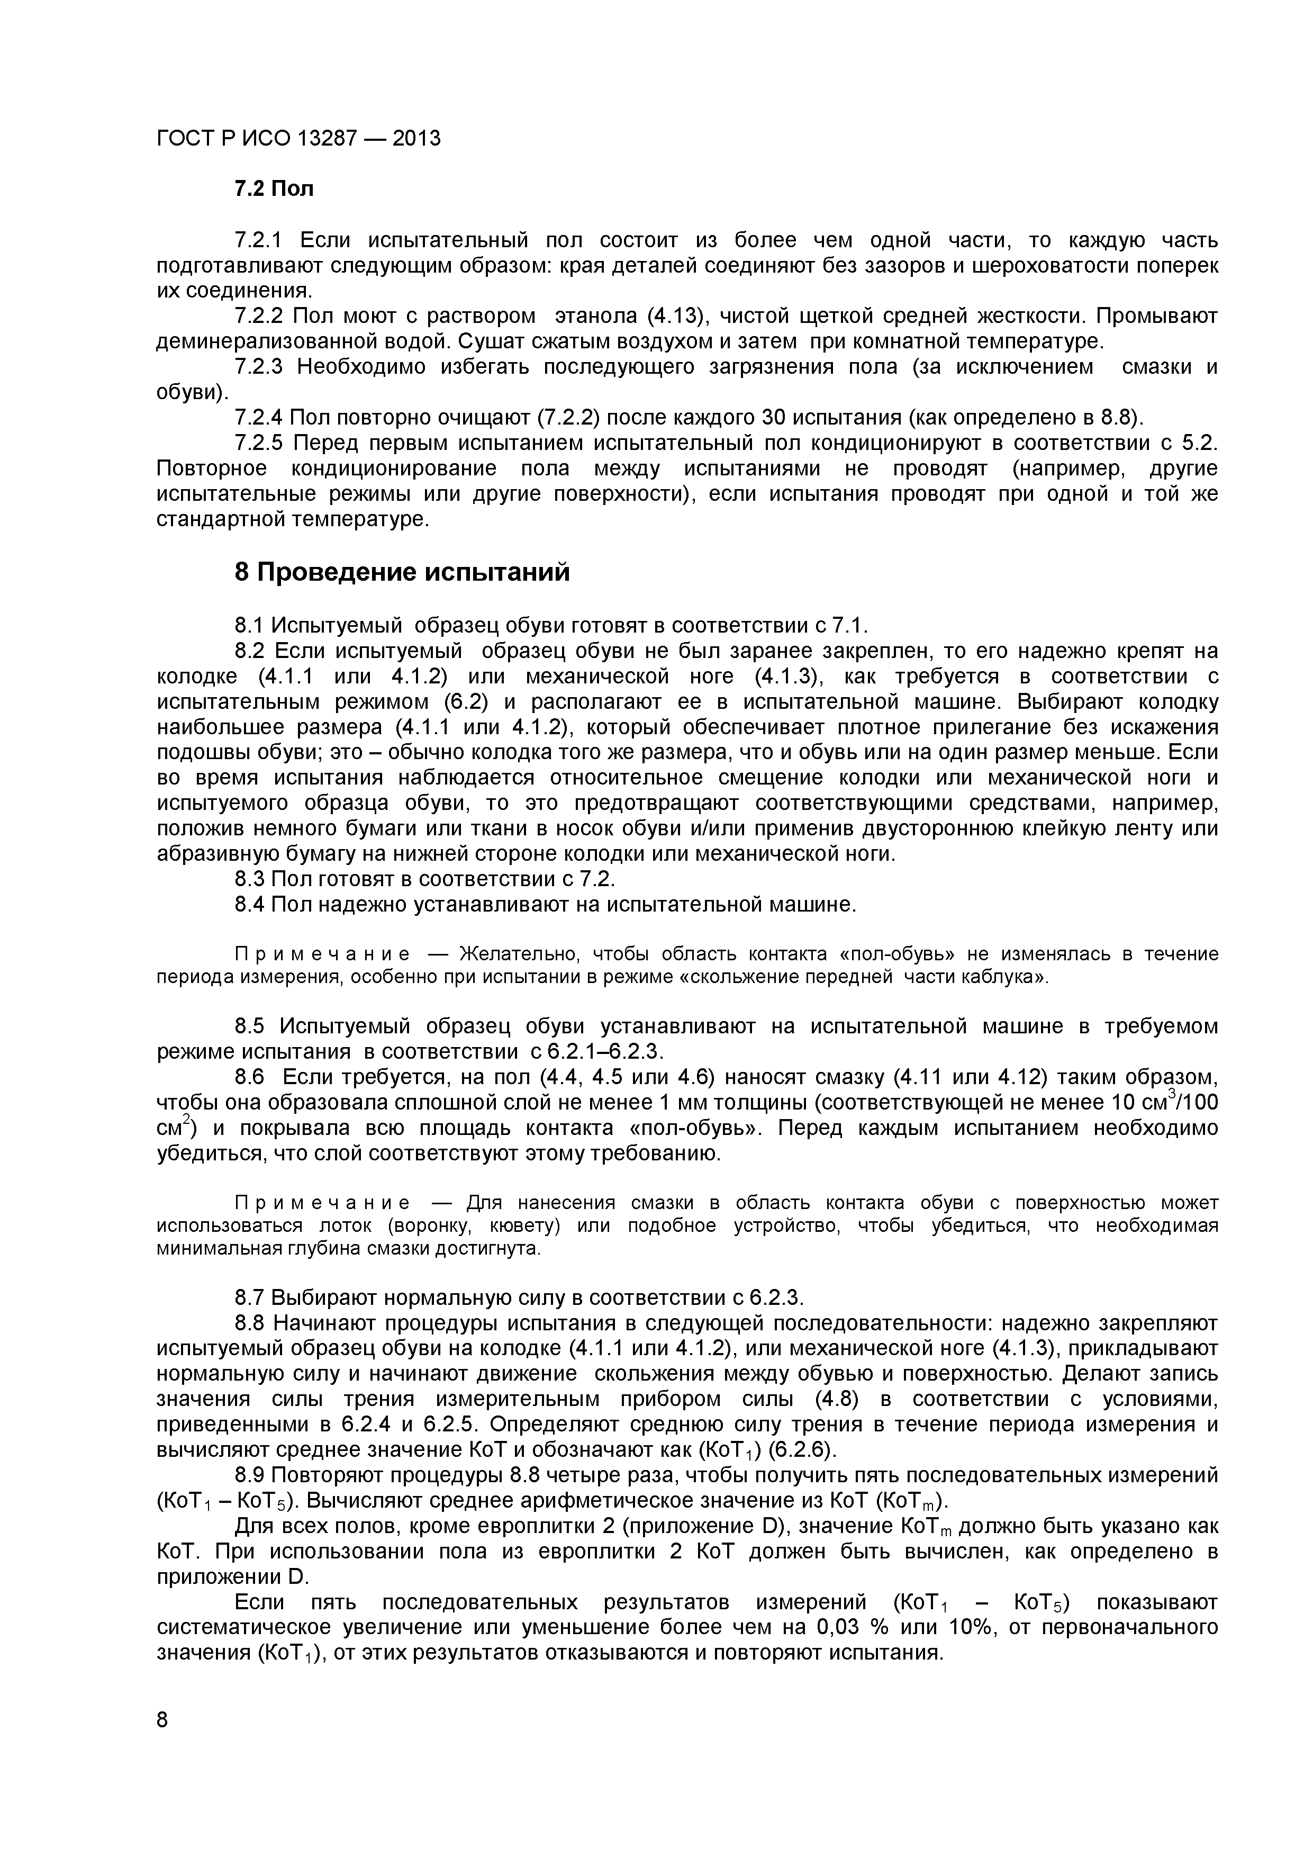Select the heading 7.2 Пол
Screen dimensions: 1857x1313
pyautogui.click(x=273, y=190)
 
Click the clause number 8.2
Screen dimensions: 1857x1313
pyautogui.click(x=250, y=651)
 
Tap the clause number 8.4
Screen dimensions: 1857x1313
pyautogui.click(x=250, y=904)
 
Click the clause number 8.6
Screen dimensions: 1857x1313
pyautogui.click(x=250, y=1077)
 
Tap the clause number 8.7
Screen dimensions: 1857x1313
pyautogui.click(x=250, y=1298)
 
